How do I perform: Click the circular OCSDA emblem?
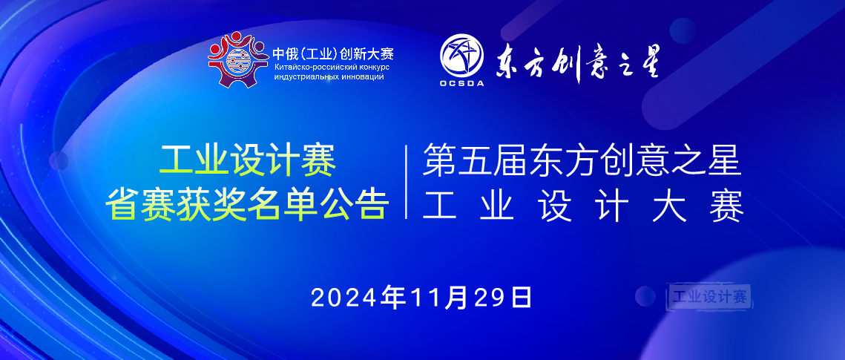(461, 55)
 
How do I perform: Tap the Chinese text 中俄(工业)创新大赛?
(332, 53)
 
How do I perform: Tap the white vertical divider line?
(407, 183)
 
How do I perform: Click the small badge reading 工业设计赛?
(709, 297)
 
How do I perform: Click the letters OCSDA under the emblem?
(461, 83)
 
